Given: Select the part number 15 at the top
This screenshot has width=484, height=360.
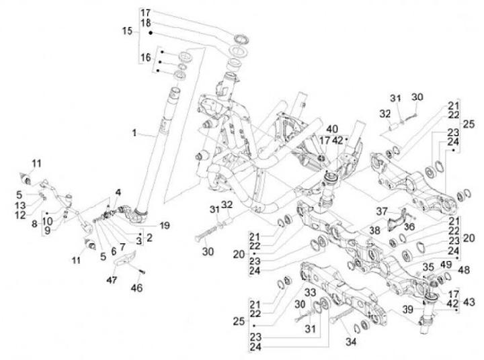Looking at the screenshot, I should [x=128, y=32].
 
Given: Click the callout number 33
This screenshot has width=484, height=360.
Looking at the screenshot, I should [x=310, y=293].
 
